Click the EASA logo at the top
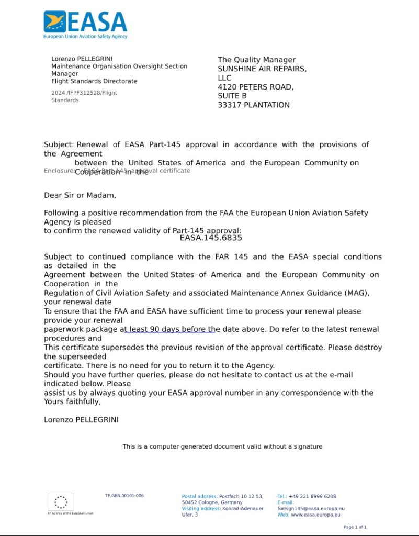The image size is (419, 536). click(x=85, y=25)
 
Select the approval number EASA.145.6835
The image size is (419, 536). click(x=211, y=238)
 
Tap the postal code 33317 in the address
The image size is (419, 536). click(x=229, y=105)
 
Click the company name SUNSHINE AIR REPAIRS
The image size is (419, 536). click(x=262, y=69)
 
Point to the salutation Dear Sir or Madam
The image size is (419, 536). click(x=80, y=196)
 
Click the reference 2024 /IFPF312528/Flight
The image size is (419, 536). click(x=84, y=93)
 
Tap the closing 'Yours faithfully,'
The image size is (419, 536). click(x=72, y=402)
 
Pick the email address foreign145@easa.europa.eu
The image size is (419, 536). click(x=311, y=508)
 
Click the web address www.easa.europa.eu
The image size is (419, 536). click(x=315, y=515)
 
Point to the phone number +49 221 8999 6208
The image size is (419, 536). click(x=312, y=496)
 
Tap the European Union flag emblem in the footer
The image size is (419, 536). click(x=61, y=502)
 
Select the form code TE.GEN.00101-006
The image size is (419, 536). click(x=124, y=496)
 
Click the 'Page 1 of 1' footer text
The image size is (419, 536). click(x=355, y=527)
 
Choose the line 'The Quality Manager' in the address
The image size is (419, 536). click(x=256, y=60)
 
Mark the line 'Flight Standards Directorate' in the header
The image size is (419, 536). click(x=94, y=81)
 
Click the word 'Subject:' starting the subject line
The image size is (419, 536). click(x=59, y=144)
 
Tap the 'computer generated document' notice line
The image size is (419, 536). click(x=222, y=446)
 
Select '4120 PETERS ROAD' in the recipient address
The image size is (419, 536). click(x=255, y=87)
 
